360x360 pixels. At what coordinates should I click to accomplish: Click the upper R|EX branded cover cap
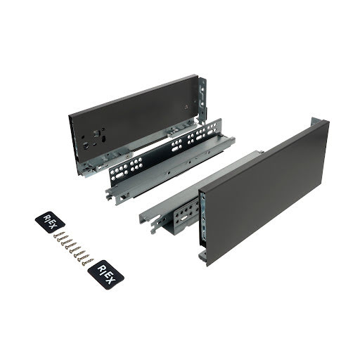50,222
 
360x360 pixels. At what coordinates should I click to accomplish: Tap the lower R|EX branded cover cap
105,275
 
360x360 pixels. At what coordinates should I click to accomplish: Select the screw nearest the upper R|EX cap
58,234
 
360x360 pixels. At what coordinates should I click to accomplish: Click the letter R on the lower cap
101,269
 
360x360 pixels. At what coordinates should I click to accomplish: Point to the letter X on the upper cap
53,226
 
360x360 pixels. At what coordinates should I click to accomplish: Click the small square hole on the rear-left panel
186,106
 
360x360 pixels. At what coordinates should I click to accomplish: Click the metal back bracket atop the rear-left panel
202,98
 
